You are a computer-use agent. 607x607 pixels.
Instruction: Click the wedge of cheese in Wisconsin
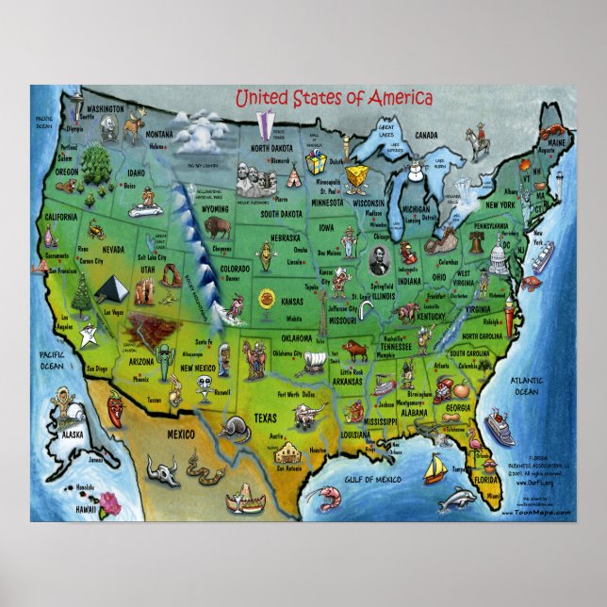(x=356, y=177)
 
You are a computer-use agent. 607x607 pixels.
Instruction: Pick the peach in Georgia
(x=451, y=389)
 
